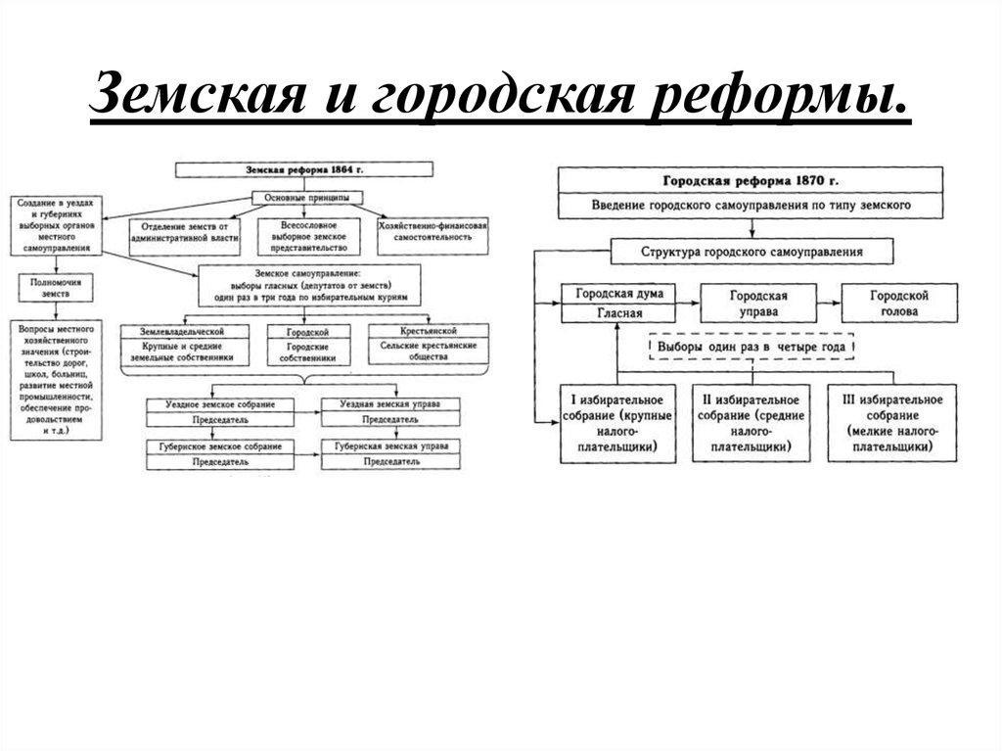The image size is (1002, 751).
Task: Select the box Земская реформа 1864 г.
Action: click(303, 169)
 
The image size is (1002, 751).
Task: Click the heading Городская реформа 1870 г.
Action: click(751, 181)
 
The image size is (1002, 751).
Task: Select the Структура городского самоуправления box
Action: click(751, 252)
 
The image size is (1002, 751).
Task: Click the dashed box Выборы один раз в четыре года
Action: click(751, 348)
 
